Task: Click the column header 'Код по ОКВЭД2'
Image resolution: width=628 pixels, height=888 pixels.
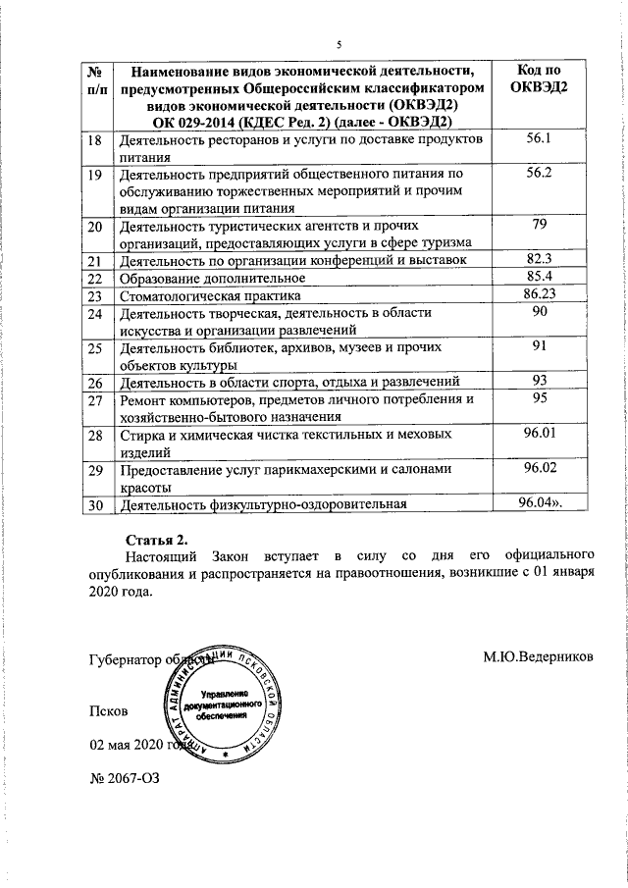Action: coord(539,78)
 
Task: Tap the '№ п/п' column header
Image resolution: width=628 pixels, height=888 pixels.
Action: coord(97,78)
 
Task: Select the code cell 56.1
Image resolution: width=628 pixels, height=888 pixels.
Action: coord(539,140)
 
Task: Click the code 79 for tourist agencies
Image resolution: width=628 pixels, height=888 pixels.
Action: coord(539,226)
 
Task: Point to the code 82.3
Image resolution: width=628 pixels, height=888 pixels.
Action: coord(539,259)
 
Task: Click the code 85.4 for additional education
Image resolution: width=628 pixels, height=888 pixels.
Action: coord(539,277)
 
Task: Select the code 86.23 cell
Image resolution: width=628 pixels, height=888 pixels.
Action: coord(539,294)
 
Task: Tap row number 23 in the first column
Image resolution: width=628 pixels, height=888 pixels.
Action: coord(96,295)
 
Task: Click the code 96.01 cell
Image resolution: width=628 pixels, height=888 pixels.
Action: coord(539,433)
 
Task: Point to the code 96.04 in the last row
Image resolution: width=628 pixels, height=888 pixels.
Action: coord(539,504)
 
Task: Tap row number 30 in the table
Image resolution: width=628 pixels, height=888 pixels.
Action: coord(96,506)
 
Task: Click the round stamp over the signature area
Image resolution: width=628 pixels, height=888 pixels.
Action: coord(223,702)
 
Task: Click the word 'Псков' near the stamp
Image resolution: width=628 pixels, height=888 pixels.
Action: coord(108,709)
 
